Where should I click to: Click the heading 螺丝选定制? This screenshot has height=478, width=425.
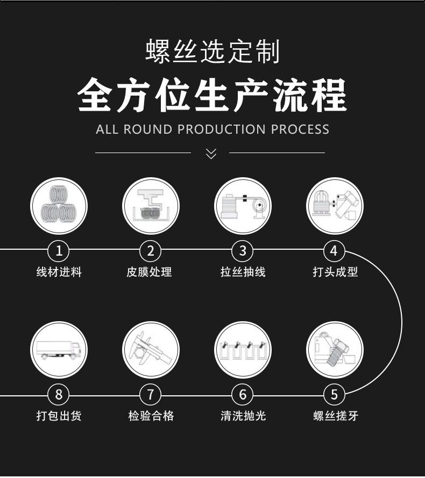click(212, 52)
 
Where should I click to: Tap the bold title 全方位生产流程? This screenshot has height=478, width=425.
click(212, 96)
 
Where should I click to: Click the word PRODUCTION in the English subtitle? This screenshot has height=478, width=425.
click(221, 129)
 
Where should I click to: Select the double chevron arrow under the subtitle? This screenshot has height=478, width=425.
click(211, 154)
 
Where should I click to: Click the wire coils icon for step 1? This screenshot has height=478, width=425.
click(59, 206)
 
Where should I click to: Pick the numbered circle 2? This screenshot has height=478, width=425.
click(150, 250)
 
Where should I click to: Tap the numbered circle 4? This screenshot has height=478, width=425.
click(334, 250)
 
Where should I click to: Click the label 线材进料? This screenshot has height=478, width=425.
click(59, 272)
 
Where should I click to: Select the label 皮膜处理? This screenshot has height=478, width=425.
click(149, 272)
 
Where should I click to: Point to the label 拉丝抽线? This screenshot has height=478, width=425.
click(243, 272)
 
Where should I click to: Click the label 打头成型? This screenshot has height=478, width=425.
click(335, 272)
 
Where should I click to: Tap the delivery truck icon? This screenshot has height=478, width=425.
click(59, 350)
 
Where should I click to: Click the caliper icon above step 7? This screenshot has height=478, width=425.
click(151, 350)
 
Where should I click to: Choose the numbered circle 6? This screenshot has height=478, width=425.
click(243, 395)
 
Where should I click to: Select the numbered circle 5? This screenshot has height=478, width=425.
click(334, 395)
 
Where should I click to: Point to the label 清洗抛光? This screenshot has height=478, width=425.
click(243, 416)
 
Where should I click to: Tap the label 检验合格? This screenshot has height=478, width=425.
click(151, 416)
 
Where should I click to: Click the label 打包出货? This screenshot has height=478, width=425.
click(59, 416)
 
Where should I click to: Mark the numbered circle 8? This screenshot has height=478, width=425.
click(59, 395)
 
